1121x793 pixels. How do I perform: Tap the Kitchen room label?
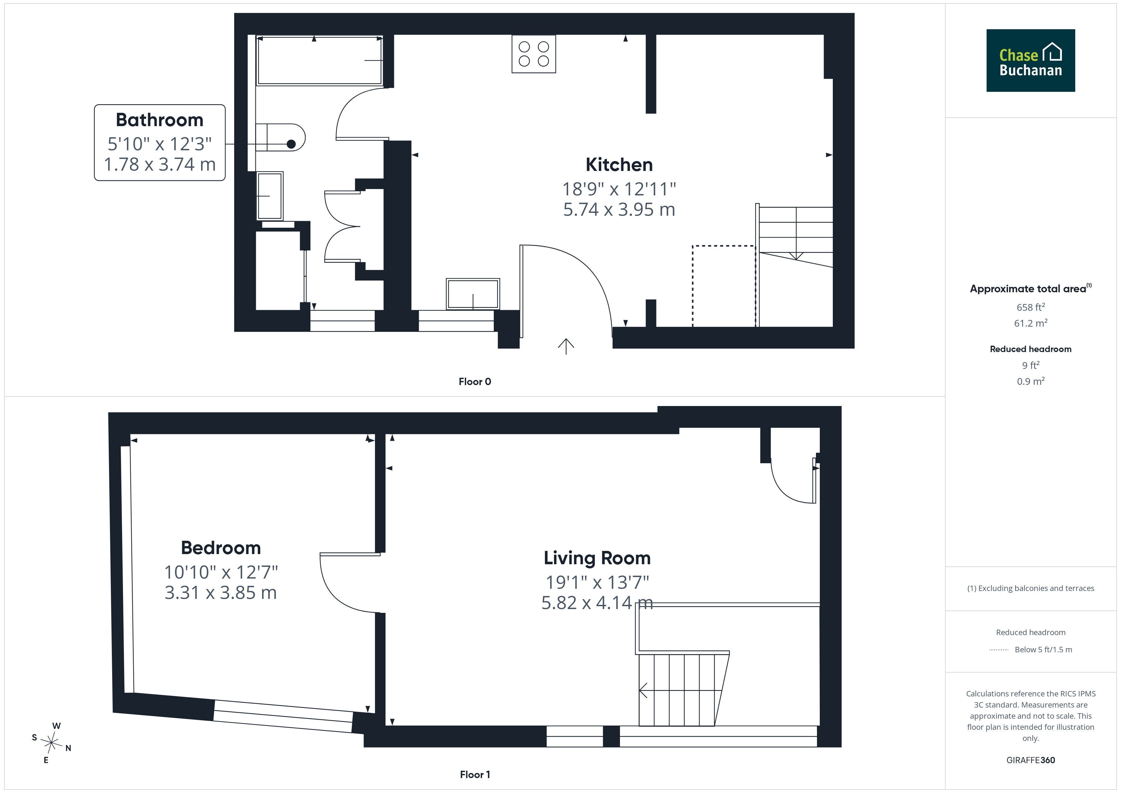click(619, 165)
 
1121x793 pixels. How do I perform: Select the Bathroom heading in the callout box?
click(160, 120)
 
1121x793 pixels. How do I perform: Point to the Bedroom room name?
click(221, 548)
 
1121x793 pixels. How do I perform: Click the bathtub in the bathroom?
click(319, 61)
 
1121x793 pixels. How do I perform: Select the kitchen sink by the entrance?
click(472, 294)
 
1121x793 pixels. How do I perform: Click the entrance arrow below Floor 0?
click(566, 346)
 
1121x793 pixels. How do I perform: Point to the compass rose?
click(51, 743)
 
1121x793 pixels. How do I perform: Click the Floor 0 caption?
click(475, 381)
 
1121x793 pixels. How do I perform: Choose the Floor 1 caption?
click(475, 775)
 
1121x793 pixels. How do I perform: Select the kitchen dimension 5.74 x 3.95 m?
click(619, 209)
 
